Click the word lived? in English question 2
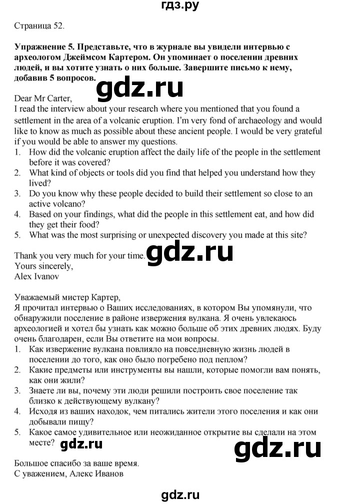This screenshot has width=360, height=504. pos(41,184)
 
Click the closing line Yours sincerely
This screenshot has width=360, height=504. pos(43,266)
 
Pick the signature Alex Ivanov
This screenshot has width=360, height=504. pos(37,276)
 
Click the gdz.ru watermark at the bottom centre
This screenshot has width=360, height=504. pos(180,495)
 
